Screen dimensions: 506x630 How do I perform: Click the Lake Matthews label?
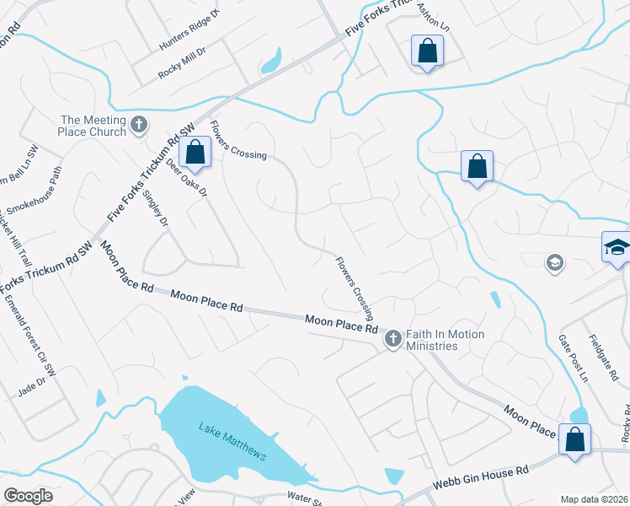coord(232,441)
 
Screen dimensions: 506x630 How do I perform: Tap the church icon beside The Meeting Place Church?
coord(140,126)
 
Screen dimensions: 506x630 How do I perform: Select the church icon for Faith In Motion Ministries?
coord(392,339)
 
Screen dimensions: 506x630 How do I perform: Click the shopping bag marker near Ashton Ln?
coord(427,51)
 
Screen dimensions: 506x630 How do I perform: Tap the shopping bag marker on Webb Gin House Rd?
coord(575,440)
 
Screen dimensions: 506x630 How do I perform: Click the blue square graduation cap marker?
coord(617,248)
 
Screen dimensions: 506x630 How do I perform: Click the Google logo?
coord(28,496)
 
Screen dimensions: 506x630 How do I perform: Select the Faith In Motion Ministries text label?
coord(445,340)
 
